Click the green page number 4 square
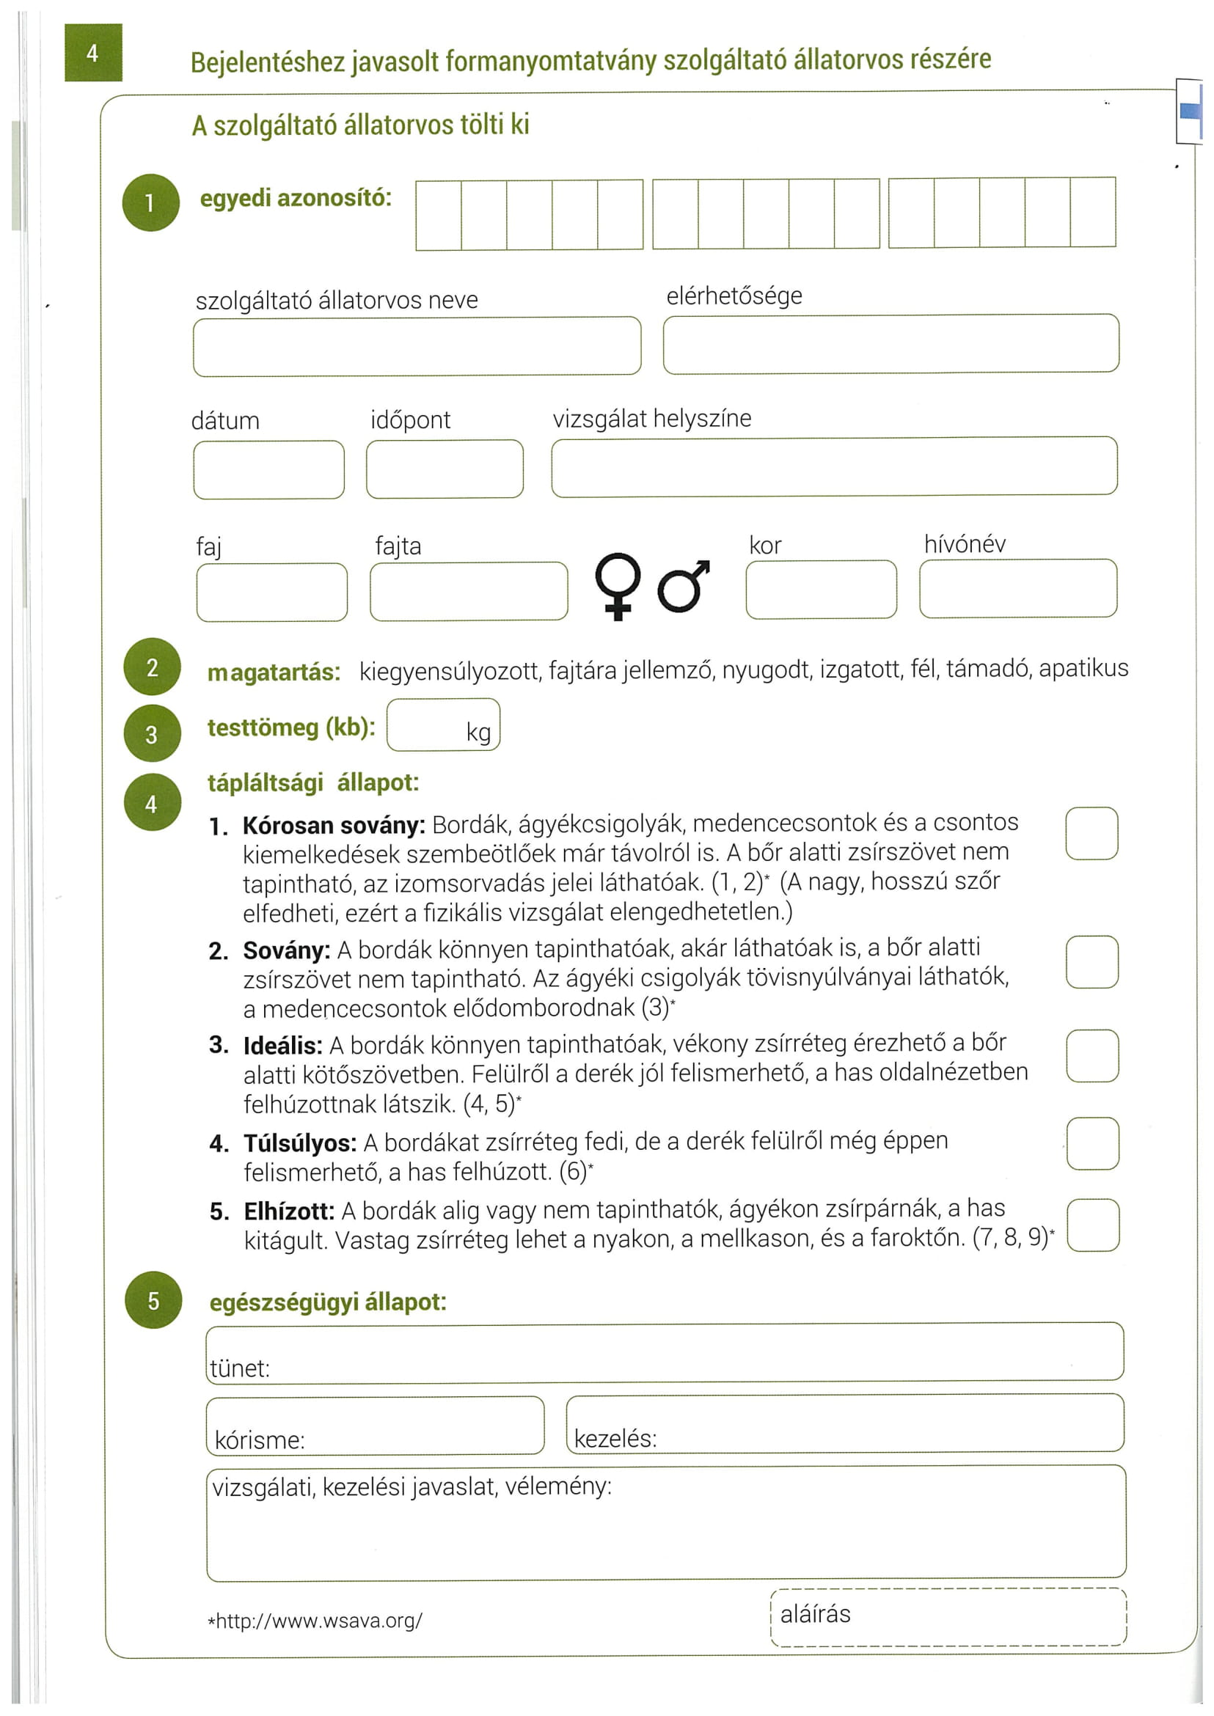(x=92, y=52)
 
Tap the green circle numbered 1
(x=151, y=202)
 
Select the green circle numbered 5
(x=153, y=1299)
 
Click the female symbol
(x=618, y=585)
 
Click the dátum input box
(x=268, y=469)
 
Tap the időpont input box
(x=445, y=469)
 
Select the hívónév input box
(x=1018, y=588)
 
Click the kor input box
(x=821, y=589)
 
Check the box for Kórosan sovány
(x=1091, y=833)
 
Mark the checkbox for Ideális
(x=1092, y=1055)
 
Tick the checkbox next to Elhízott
(x=1093, y=1225)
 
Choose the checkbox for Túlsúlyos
(x=1093, y=1143)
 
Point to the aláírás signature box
(x=948, y=1616)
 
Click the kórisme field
(x=376, y=1426)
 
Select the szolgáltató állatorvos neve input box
(x=417, y=346)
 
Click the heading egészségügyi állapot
(x=327, y=1302)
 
